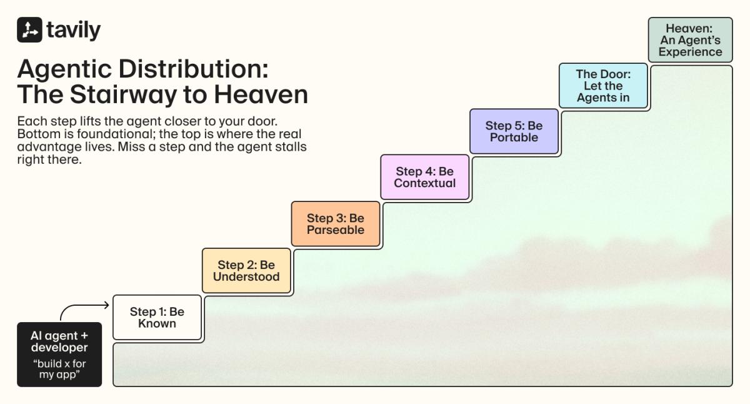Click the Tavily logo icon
tap(29, 30)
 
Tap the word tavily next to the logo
tap(74, 31)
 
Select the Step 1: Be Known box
tap(157, 317)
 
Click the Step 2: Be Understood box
tap(246, 271)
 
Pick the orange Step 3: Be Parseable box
tap(336, 224)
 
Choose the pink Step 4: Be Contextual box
tap(425, 177)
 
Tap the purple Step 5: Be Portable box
tap(514, 131)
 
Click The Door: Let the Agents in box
tap(603, 86)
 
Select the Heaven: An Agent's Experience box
tap(691, 40)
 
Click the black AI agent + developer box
tap(59, 355)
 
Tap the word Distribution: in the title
tap(194, 69)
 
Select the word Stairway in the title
tap(123, 95)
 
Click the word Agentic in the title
tap(64, 69)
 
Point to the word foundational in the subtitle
tap(115, 134)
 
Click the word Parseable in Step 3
tap(336, 230)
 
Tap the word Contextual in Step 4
tap(425, 183)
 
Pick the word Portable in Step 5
tap(514, 138)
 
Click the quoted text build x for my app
tap(59, 369)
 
